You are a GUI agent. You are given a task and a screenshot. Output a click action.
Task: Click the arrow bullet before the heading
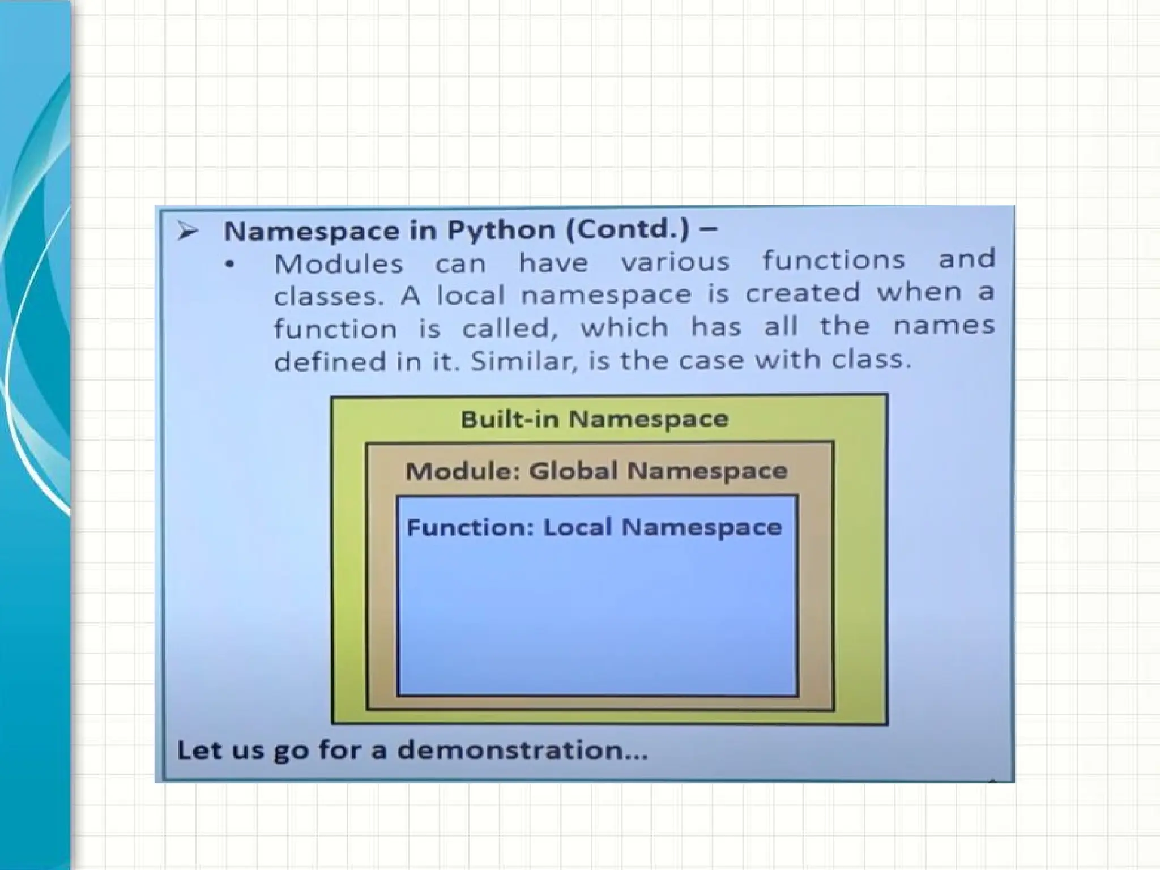click(x=187, y=231)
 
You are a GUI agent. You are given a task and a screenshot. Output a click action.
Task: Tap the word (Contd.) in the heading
click(x=627, y=230)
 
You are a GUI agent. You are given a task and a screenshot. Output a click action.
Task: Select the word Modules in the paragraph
click(x=339, y=264)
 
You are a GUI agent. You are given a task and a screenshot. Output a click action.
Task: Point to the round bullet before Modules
click(x=229, y=265)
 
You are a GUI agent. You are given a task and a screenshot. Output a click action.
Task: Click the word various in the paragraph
click(x=675, y=262)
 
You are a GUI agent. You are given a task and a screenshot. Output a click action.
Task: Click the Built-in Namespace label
click(x=594, y=420)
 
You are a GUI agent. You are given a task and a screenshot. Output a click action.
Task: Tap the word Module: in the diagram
click(x=462, y=471)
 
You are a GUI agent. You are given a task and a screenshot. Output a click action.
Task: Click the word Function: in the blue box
click(x=470, y=528)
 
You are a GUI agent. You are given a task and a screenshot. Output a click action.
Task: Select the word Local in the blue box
click(x=578, y=527)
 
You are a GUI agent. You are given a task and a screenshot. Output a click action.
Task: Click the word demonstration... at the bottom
click(x=522, y=750)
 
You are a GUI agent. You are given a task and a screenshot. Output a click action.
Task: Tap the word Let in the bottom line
click(x=195, y=750)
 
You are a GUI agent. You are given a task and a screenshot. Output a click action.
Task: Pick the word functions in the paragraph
click(x=833, y=261)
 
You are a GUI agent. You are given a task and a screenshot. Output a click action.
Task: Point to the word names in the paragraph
click(x=944, y=326)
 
